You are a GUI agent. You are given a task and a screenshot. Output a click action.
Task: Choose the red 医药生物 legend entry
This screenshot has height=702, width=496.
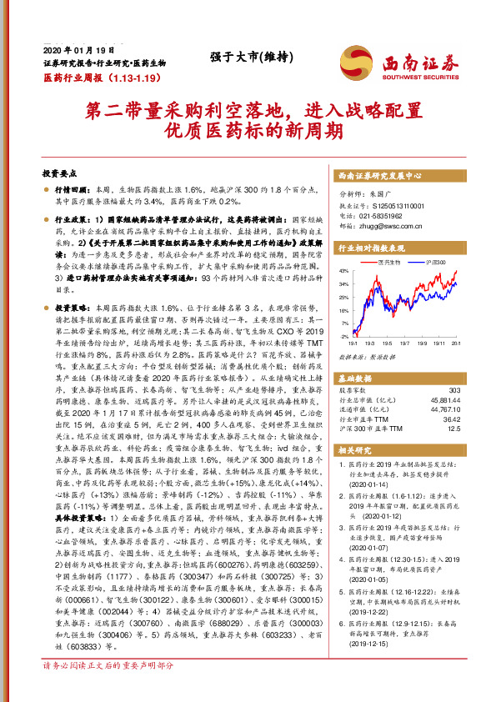tap(389, 262)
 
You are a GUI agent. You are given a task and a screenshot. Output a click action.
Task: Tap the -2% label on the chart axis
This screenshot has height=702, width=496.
tap(343, 336)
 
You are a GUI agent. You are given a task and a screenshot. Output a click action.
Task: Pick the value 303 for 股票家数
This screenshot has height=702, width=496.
tap(453, 389)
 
